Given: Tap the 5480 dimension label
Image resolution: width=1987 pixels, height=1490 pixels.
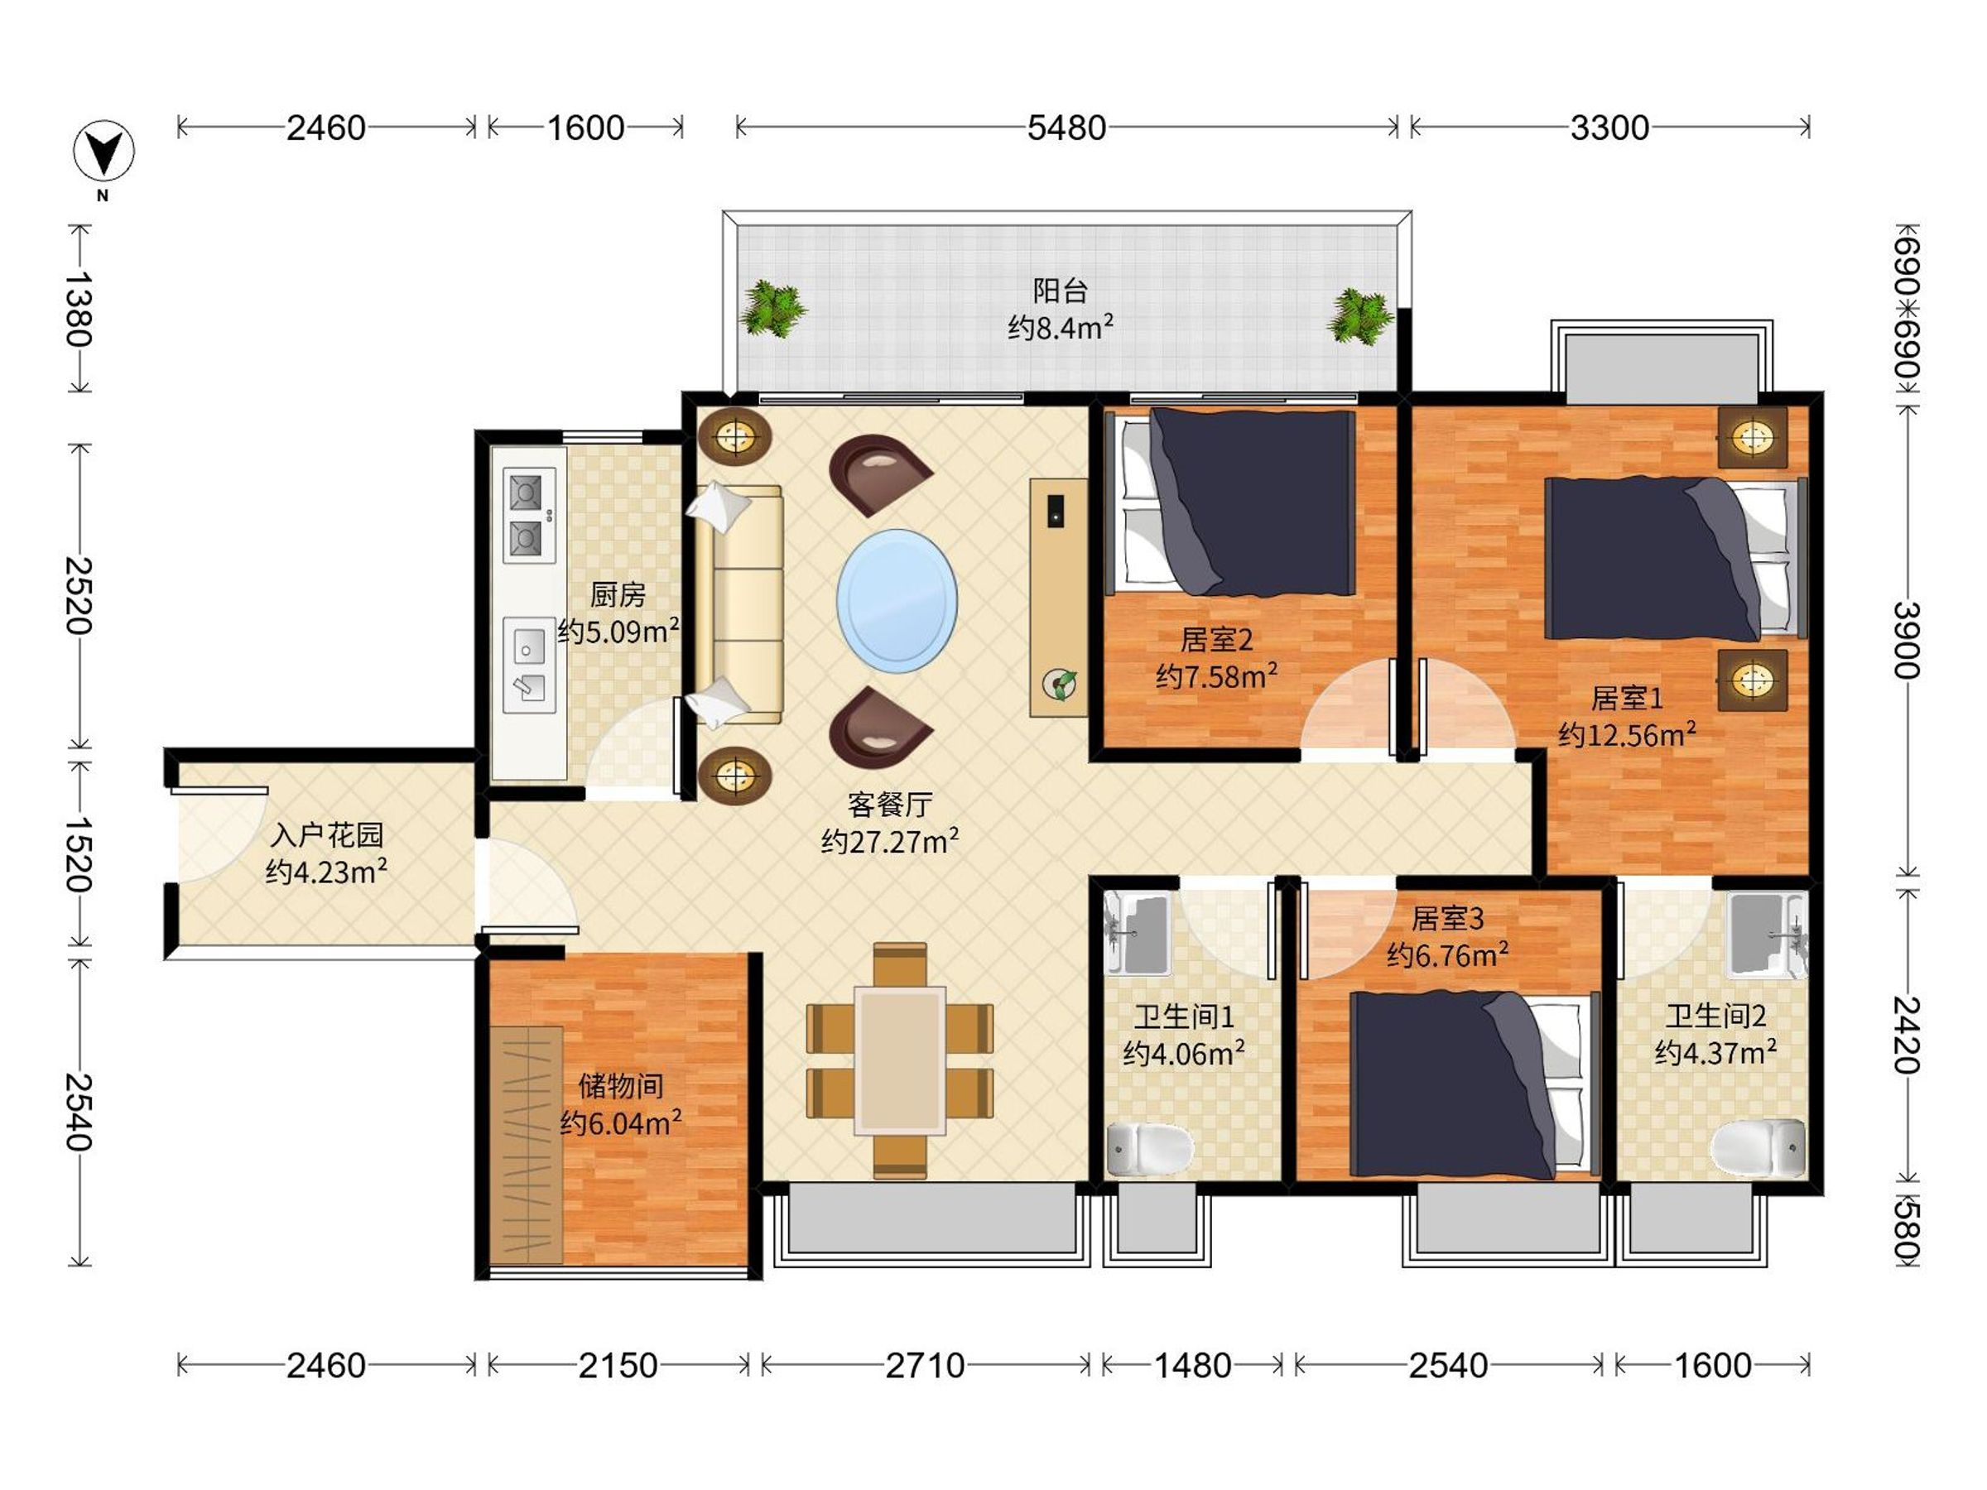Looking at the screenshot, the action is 1066,128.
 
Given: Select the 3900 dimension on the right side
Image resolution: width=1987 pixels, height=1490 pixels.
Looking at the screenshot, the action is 1906,640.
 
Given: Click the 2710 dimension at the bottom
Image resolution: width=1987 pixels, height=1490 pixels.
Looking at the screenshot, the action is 926,1366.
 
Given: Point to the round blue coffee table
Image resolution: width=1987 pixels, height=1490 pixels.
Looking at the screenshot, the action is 897,601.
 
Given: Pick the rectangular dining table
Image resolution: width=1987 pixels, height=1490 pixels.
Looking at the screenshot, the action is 900,1060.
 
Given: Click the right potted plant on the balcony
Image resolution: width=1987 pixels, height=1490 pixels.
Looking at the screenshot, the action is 1360,316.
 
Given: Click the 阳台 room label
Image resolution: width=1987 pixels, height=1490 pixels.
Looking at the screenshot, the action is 1060,291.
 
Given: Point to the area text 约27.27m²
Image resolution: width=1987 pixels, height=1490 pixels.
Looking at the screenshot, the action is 889,841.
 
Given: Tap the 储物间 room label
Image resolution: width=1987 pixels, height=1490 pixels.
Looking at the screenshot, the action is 621,1086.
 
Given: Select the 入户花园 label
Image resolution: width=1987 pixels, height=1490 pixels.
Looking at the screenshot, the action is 327,835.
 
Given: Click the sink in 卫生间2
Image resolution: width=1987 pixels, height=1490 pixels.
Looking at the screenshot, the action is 1766,935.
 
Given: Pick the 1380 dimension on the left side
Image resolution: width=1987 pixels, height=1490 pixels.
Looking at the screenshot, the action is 79,309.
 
